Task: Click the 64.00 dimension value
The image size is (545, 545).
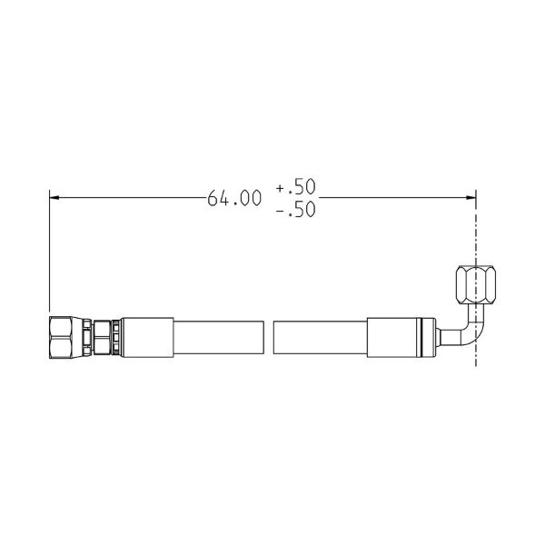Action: (234, 198)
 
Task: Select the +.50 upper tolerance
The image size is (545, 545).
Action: (296, 186)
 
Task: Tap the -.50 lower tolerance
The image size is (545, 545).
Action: (296, 209)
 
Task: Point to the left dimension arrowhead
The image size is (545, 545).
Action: (54, 197)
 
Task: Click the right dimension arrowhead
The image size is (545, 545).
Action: (471, 197)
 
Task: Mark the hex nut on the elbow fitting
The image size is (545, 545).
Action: (475, 284)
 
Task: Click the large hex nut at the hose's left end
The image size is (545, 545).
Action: (61, 337)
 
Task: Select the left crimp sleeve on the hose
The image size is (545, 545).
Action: (147, 337)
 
